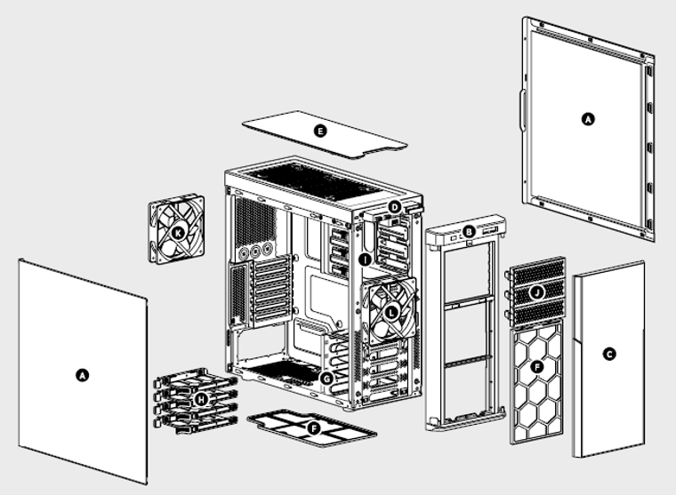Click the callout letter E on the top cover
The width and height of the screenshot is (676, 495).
[321, 131]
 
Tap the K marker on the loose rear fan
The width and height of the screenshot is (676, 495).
[178, 232]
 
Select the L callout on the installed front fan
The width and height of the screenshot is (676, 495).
[392, 312]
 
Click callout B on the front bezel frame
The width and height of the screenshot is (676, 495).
[468, 233]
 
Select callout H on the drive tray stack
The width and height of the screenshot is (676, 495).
[202, 401]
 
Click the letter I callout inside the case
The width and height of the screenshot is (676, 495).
[365, 259]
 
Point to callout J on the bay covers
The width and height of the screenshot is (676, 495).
[536, 291]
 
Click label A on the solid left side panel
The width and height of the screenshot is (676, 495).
[83, 376]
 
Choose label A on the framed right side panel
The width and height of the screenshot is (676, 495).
[586, 118]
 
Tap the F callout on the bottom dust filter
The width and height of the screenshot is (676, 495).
[312, 427]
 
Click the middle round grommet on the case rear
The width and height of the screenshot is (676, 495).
[254, 252]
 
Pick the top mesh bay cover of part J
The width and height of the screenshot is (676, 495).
[537, 267]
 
